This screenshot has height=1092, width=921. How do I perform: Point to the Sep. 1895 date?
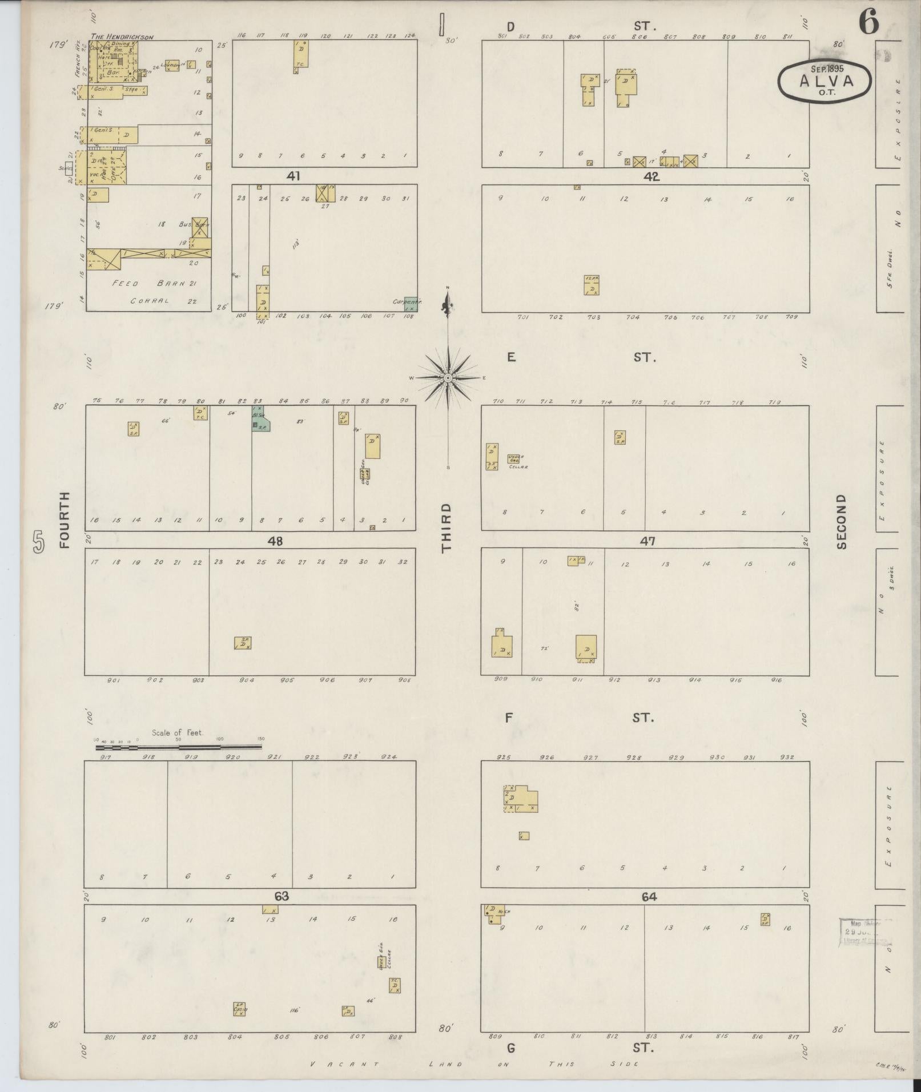(x=827, y=68)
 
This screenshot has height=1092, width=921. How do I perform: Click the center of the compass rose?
(x=448, y=377)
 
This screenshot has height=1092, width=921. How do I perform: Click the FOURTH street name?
(x=64, y=519)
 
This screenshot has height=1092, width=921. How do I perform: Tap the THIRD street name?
(x=446, y=527)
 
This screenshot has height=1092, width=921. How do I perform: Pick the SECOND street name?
(x=841, y=522)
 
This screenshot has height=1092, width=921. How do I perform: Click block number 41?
(x=293, y=176)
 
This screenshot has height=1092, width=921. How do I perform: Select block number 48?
(x=276, y=541)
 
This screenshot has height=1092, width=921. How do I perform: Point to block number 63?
(x=281, y=897)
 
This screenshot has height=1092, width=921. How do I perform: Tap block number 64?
(x=649, y=897)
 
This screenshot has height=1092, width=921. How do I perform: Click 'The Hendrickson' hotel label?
(x=122, y=37)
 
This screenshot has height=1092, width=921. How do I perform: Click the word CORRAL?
(x=150, y=301)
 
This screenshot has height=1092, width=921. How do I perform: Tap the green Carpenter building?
(x=410, y=304)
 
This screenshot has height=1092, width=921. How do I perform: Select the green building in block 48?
(x=260, y=420)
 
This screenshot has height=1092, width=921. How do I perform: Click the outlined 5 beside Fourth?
(x=38, y=542)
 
